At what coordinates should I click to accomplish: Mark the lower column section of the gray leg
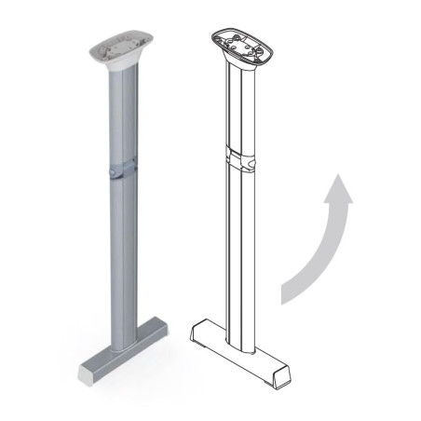(121, 261)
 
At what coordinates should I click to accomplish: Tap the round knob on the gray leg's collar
(111, 171)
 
